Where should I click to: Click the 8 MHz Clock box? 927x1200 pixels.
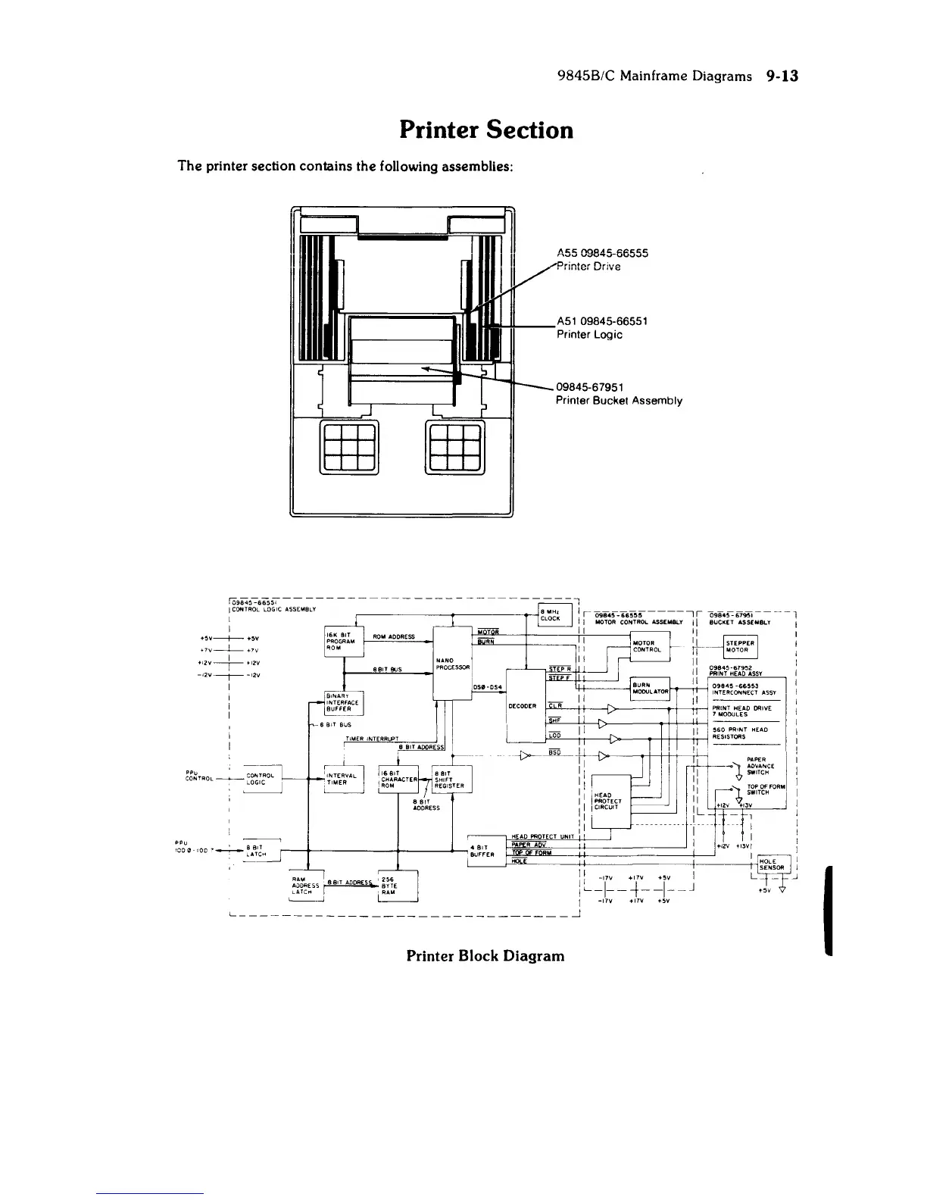click(x=551, y=614)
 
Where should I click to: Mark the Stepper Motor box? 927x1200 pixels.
click(x=737, y=646)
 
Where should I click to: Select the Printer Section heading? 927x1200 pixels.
click(x=486, y=130)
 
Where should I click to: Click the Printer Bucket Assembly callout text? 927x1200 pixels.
click(x=619, y=401)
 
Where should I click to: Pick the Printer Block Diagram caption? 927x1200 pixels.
click(x=485, y=955)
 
